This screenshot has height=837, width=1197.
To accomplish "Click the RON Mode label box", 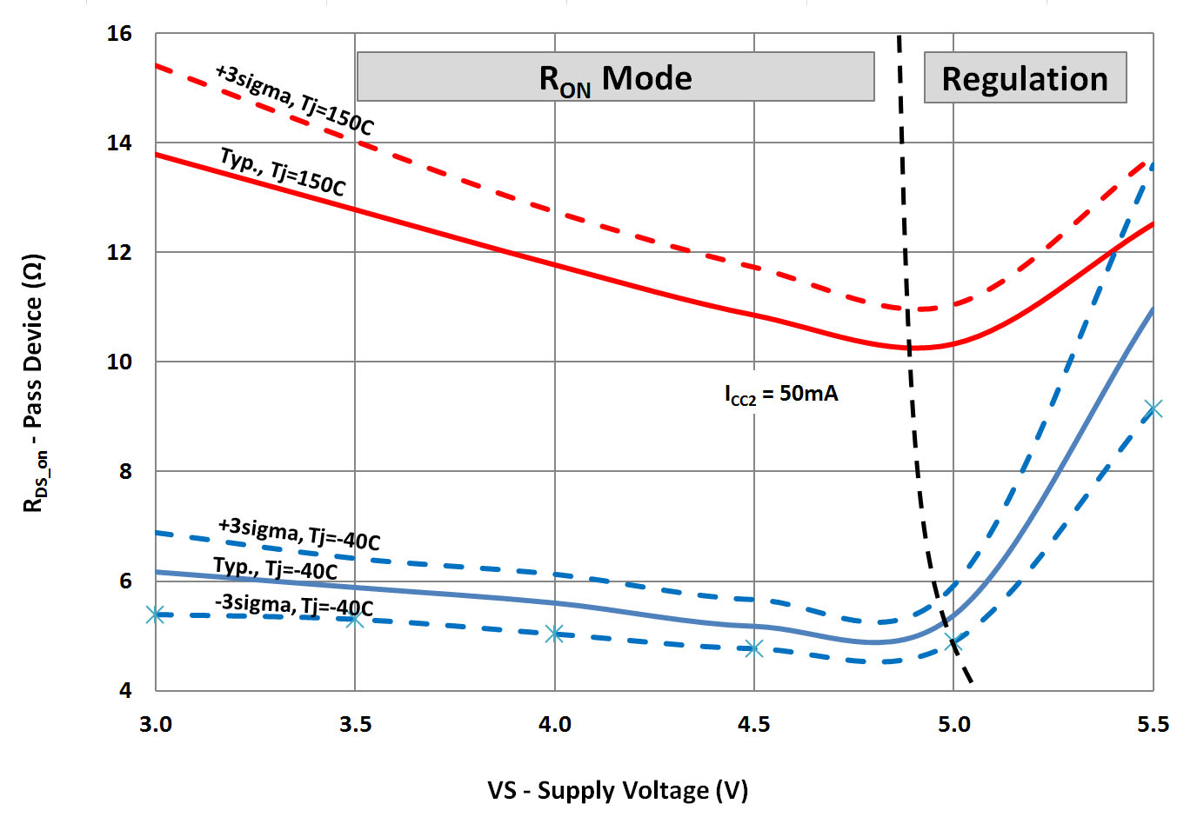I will [x=615, y=77].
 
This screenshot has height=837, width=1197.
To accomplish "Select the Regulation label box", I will [x=1025, y=78].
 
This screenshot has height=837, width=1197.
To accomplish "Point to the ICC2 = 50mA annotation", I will [x=781, y=395].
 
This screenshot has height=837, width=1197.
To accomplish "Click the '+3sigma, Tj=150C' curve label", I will [x=294, y=99].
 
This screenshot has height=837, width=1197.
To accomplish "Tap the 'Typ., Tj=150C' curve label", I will [x=283, y=171].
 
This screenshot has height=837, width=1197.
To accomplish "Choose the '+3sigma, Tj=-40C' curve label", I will [x=298, y=534].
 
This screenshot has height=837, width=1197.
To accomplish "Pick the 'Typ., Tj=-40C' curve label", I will [x=275, y=568].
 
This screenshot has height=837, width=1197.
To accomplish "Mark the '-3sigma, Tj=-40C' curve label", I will [x=294, y=605].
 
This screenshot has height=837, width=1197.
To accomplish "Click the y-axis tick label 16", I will [x=119, y=34].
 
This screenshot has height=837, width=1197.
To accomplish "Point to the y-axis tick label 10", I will [x=119, y=362].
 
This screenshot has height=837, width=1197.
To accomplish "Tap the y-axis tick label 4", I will [x=125, y=691].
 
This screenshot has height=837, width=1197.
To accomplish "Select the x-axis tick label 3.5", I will [x=355, y=725].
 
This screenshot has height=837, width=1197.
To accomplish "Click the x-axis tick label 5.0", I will [x=953, y=725].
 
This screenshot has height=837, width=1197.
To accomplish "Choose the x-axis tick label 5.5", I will [x=1153, y=725].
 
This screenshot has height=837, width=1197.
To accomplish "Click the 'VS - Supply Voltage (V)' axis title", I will [x=618, y=791].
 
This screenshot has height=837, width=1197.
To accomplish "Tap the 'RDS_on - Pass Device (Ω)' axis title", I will [x=34, y=382].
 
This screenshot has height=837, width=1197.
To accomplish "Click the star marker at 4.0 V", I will [x=554, y=634].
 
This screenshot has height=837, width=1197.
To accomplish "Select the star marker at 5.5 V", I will [x=1153, y=409].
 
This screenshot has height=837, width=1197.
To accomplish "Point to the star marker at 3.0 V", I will [x=156, y=614].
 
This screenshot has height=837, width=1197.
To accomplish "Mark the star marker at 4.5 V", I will [x=753, y=648].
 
